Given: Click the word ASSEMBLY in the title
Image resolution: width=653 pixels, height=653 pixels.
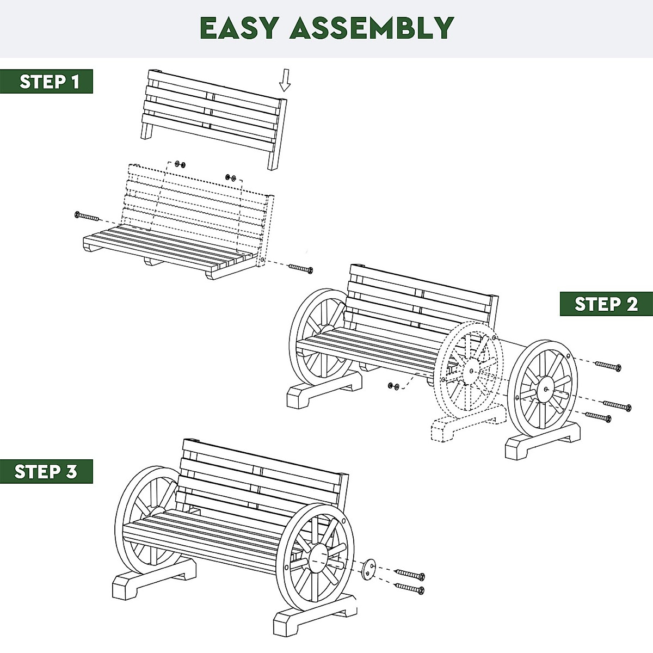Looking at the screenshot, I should click(372, 28).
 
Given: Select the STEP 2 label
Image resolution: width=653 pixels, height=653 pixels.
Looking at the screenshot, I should click(606, 304).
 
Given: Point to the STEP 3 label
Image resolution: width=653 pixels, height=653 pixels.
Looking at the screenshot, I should click(46, 471).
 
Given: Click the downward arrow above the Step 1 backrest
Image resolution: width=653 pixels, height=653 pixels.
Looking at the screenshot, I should click(285, 82).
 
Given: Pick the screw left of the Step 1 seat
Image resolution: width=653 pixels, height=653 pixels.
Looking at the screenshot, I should click(87, 217).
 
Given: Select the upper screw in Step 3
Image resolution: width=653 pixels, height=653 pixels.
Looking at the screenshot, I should click(410, 575).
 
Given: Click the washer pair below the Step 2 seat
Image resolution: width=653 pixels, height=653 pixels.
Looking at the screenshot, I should click(393, 386).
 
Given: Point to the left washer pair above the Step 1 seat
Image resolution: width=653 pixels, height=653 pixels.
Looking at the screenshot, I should click(180, 164).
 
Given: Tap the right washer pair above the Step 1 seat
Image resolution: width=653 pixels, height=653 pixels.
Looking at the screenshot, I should click(230, 177).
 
